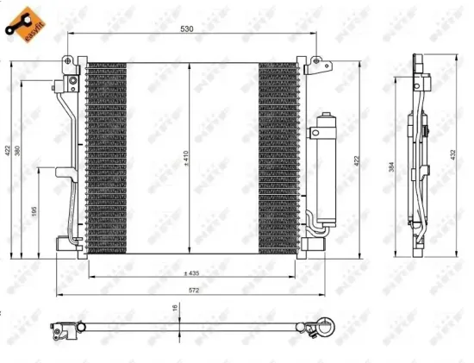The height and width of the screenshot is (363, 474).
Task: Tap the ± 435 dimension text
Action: click(x=191, y=273)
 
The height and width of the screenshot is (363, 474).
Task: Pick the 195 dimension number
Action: click(x=34, y=211)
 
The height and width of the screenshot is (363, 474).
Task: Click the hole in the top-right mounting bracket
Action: click(x=315, y=61)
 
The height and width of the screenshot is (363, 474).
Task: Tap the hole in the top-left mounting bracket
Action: click(x=67, y=60)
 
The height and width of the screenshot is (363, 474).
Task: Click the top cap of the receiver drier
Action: click(x=327, y=115)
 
